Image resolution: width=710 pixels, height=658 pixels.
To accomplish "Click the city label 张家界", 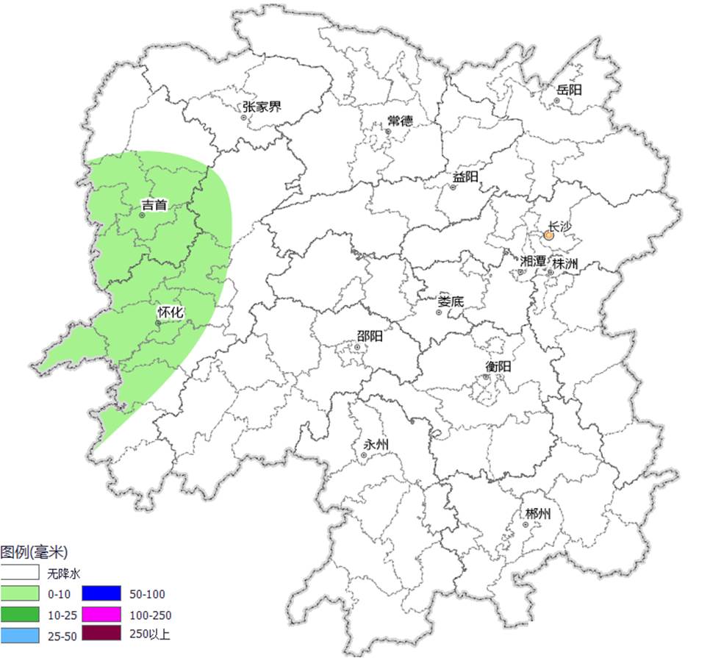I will pos(262,107).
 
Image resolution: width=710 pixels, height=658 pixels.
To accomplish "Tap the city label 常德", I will pos(400,121).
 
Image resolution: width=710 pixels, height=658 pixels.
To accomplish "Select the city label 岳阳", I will pos(569,90).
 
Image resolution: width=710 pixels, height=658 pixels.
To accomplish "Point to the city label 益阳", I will pos(465,177).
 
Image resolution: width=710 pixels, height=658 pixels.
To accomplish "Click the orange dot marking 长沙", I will pos(548,235).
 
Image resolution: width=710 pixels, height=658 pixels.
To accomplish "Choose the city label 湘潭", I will pos(532,262).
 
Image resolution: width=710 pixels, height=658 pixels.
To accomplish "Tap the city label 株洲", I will pos(565,262).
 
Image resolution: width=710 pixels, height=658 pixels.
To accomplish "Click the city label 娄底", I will pos(451,301).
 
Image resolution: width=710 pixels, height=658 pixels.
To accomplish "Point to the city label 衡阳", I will pos(498,367).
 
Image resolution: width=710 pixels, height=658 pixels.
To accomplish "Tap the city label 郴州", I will pos(537,514).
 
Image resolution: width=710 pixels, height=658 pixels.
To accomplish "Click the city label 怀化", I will pos(170,312).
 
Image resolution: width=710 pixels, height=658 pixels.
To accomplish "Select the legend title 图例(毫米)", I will pos(34,551).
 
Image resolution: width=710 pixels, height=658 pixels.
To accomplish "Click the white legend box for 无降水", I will pos(20,571).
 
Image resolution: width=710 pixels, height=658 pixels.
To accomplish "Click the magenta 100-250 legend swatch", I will pos(101,614).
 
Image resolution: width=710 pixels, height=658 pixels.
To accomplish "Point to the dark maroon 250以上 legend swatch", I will pos(101,634).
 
